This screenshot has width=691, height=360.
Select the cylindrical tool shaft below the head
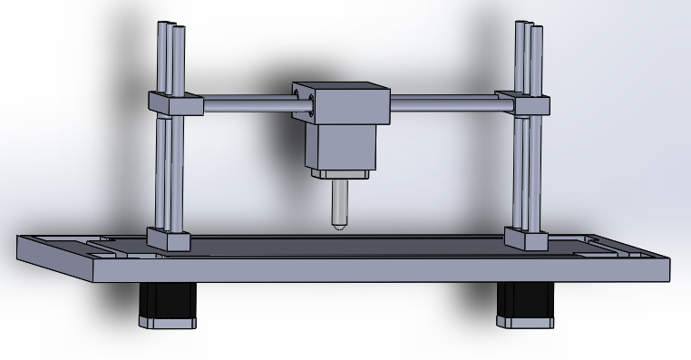click(338, 201)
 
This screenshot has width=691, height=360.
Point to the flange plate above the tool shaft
click(340, 173)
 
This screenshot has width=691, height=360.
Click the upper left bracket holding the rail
click(171, 103)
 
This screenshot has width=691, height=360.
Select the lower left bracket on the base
click(170, 241)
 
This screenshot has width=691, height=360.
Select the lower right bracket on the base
click(527, 240)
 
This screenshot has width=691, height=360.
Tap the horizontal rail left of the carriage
click(245, 106)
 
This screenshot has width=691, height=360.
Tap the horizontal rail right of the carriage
click(444, 106)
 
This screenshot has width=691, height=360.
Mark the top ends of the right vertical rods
click(530, 25)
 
